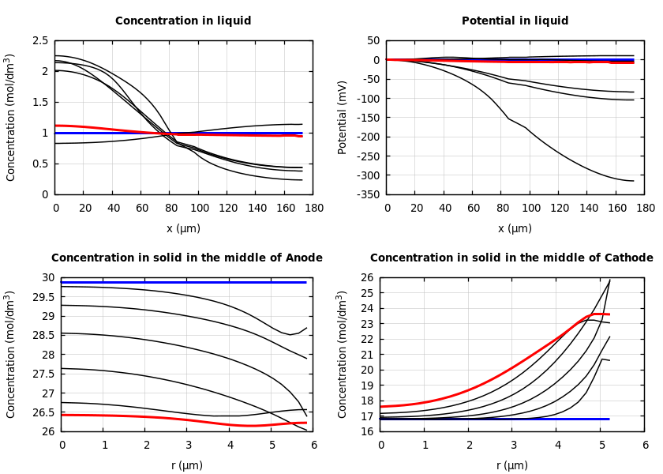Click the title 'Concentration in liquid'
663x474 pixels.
[183, 21]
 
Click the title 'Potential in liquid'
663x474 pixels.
[515, 21]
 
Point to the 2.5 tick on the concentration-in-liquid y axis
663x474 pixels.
[40, 40]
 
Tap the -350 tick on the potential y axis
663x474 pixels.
[365, 194]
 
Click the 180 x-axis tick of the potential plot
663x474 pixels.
[646, 209]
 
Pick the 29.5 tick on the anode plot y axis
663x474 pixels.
[45, 297]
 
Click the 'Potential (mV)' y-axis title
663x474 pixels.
[343, 117]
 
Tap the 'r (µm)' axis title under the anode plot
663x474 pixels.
[187, 465]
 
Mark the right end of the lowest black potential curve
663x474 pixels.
[633, 181]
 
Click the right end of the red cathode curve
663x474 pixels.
[609, 314]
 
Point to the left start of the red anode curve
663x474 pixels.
[62, 415]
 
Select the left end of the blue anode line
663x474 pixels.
[62, 282]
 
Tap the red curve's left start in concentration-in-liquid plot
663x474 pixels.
[56, 126]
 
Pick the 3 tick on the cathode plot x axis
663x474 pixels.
[513, 446]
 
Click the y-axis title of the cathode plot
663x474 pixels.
[343, 354]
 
